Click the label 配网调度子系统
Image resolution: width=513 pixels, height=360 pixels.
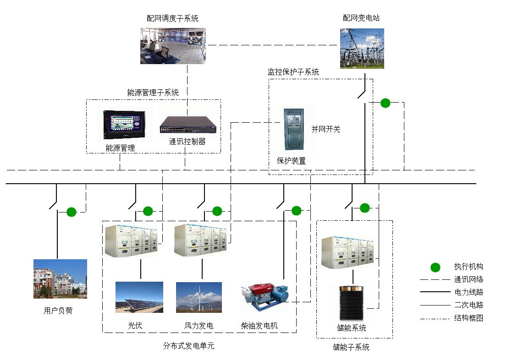[172, 18]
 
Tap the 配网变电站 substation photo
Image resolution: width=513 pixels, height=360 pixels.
[362, 48]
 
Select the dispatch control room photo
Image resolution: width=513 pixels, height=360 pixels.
[172, 46]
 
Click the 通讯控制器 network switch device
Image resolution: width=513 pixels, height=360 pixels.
[187, 124]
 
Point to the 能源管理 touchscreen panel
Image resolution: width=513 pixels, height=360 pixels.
[125, 124]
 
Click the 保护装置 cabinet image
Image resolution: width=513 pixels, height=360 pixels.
[294, 129]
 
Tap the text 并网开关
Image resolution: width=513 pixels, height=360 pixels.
[326, 129]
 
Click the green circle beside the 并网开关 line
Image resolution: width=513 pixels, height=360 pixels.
[385, 103]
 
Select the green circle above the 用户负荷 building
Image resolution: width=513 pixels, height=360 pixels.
[71, 212]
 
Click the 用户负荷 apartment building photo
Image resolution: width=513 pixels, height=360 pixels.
[60, 279]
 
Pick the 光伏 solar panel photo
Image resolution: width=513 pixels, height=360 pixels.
[139, 297]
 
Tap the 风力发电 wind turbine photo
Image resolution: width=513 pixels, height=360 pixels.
[199, 297]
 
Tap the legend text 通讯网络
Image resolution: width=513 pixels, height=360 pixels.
[469, 279]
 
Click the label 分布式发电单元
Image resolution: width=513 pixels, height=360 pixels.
[188, 346]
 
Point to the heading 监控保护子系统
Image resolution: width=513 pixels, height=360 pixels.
[293, 72]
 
